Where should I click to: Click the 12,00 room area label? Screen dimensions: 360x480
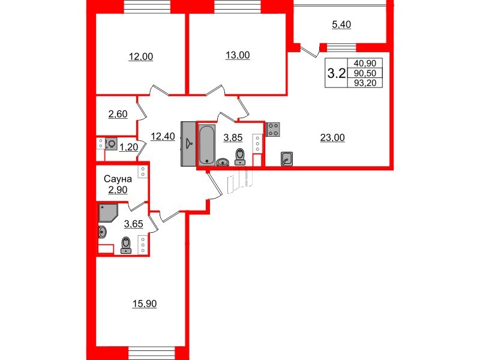141,57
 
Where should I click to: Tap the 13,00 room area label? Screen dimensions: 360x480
237,55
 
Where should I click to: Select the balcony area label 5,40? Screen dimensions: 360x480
341,25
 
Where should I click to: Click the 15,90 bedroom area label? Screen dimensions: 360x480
144,304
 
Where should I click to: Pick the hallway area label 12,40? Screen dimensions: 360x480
163,136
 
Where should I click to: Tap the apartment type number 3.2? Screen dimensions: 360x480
335,74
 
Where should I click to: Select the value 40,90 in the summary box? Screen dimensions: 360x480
365,63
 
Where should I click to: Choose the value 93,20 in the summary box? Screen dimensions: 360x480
365,83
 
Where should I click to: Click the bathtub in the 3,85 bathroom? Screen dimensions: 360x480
206,143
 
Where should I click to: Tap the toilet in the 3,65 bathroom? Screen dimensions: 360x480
126,245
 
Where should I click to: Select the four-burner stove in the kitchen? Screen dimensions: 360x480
274,129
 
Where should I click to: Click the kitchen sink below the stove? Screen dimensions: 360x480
287,159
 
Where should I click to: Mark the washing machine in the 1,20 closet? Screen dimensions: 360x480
112,144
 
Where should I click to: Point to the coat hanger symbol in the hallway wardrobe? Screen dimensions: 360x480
189,143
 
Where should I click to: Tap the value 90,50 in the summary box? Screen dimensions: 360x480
365,73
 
